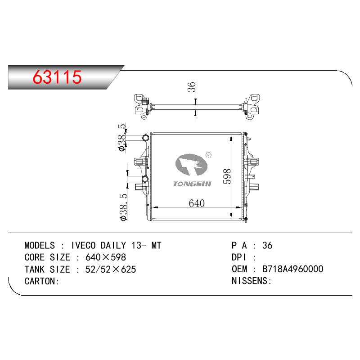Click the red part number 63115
pos(57,77)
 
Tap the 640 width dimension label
pos(197,203)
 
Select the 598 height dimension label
pos(227,176)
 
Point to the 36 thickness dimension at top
pos(192,87)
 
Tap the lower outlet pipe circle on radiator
pos(145,179)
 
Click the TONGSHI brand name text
pos(192,184)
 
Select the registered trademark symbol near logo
pos(209,155)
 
